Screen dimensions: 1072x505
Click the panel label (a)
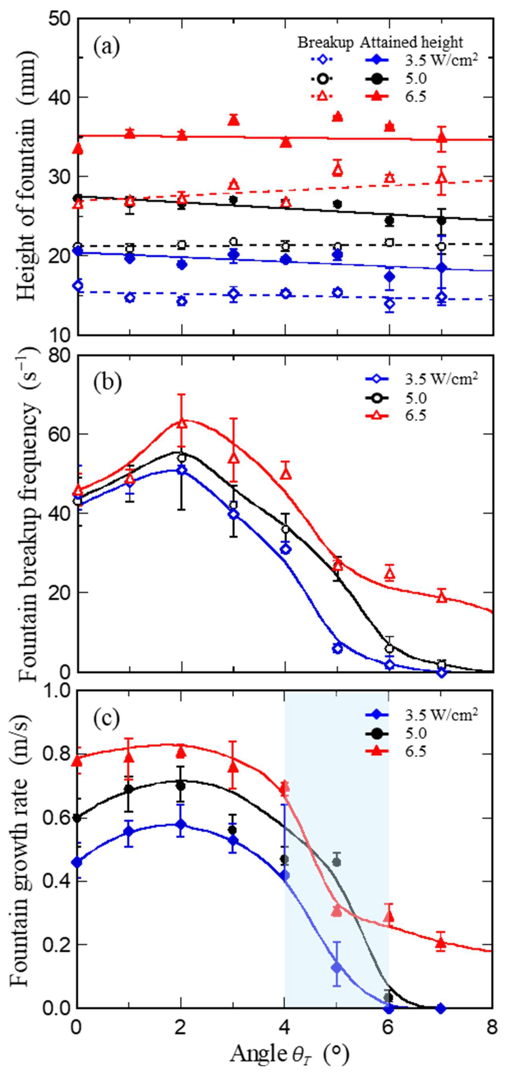pyautogui.click(x=106, y=47)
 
